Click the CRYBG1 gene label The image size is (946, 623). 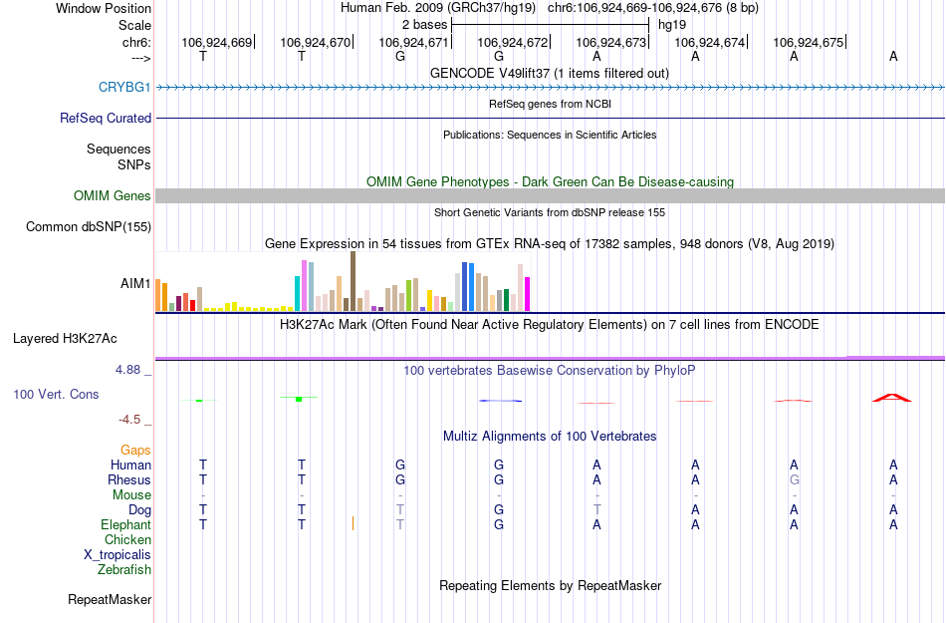point(124,88)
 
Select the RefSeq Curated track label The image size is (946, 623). point(106,118)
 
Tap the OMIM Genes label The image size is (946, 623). point(113,196)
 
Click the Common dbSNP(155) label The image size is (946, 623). point(89,227)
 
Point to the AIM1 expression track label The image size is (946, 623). point(135,284)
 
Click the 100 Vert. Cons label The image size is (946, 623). point(56,395)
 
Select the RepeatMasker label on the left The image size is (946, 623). point(110,600)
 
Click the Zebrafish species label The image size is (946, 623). point(124,570)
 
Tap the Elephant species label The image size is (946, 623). point(125,525)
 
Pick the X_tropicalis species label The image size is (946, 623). point(118,555)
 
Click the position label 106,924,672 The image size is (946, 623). point(513,42)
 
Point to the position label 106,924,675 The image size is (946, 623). point(808,42)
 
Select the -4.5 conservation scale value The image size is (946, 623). point(128,420)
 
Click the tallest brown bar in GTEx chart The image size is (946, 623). point(353,281)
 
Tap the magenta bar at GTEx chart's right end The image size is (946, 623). point(528,294)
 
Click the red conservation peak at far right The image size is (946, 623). point(892,398)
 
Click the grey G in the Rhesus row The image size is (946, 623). point(795,479)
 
